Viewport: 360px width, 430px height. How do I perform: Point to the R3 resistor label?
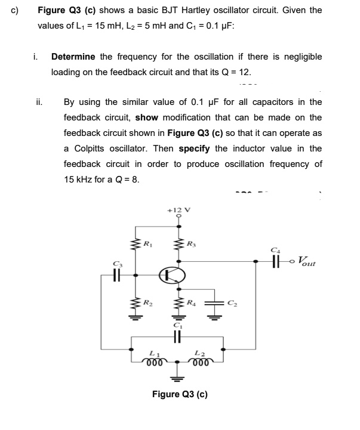pyautogui.click(x=190, y=243)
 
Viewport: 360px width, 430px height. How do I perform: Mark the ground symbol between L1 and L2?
pyautogui.click(x=177, y=378)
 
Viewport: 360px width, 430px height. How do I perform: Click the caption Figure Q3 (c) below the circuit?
pyautogui.click(x=180, y=394)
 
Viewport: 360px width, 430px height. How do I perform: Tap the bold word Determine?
pyautogui.click(x=73, y=57)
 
